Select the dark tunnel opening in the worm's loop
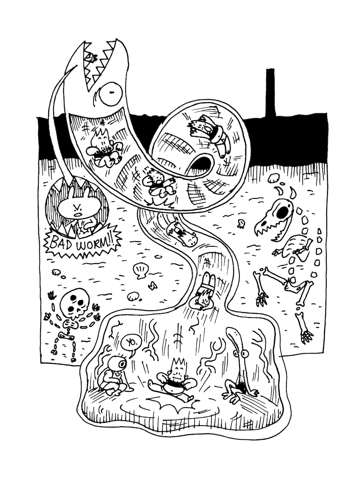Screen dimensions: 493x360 (x=201, y=163)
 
